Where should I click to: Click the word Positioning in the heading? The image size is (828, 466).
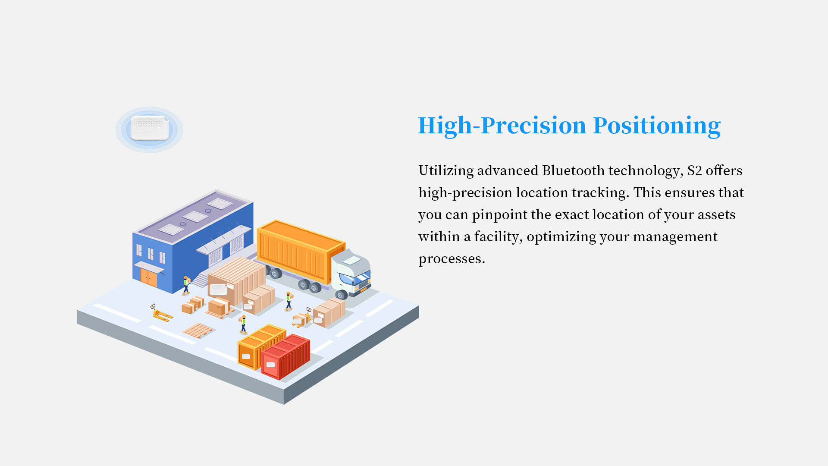657,126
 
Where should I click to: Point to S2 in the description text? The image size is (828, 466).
694,170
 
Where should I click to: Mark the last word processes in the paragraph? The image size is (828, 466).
452,259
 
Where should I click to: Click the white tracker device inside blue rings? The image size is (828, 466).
150,128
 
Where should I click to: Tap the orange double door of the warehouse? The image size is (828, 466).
149,277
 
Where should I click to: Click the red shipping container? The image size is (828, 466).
285,357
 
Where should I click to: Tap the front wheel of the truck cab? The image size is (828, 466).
342,295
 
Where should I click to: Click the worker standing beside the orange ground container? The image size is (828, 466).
244,324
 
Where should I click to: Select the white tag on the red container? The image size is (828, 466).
271,365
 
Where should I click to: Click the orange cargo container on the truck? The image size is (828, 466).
301,251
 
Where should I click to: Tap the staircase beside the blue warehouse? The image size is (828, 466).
200,280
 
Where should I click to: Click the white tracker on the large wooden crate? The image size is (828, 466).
218,289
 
